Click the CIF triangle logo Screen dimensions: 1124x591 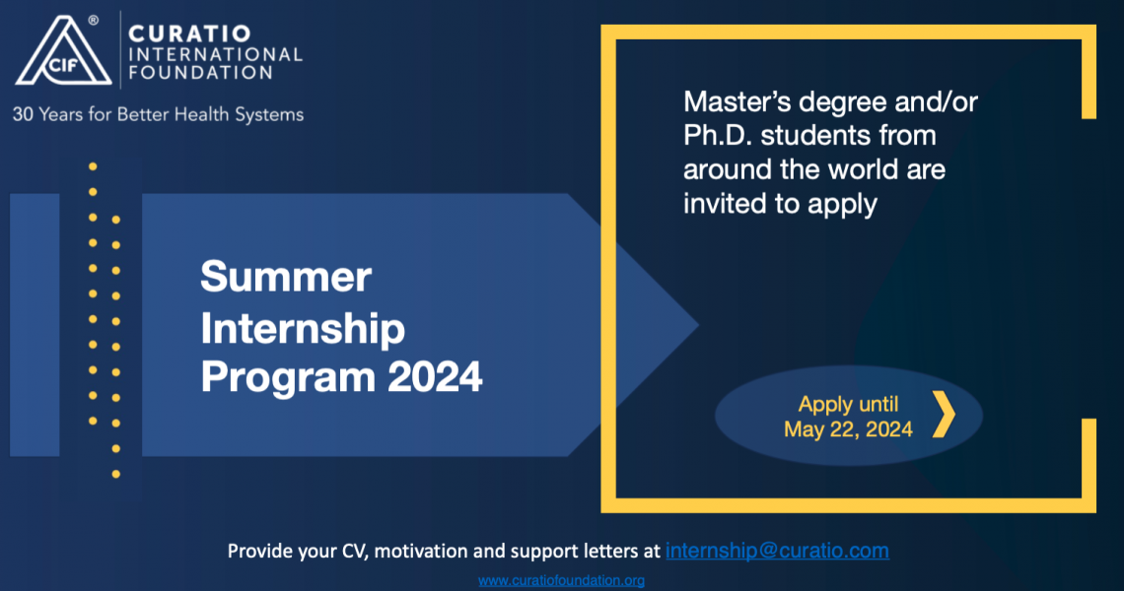click(64, 51)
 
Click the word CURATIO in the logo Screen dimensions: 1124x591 click(189, 33)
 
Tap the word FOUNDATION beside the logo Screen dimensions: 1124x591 click(201, 72)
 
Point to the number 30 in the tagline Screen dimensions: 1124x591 click(23, 114)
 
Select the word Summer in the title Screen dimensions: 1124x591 click(286, 277)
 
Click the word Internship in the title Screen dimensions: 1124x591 click(303, 328)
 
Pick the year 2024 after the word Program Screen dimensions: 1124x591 click(435, 377)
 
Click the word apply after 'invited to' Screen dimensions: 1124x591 click(842, 205)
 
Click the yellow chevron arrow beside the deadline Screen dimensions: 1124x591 click(945, 414)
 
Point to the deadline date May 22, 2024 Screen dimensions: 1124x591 click(848, 429)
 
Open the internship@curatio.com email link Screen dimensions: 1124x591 click(777, 551)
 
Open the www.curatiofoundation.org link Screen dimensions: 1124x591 click(561, 580)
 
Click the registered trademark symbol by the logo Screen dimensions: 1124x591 click(94, 20)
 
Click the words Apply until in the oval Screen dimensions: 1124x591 click(848, 404)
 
